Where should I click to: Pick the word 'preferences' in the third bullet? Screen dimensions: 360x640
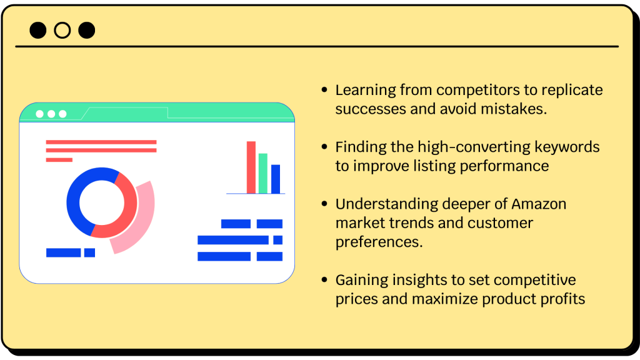(379, 242)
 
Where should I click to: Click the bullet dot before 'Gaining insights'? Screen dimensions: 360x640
(324, 280)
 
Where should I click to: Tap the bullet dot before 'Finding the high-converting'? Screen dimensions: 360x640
(324, 147)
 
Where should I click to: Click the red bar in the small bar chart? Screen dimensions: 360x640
(251, 167)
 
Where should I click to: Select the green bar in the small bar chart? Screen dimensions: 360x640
(263, 174)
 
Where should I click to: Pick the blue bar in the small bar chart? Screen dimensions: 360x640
(276, 179)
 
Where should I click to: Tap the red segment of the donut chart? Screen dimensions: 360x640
(124, 216)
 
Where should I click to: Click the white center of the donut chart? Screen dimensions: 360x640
(101, 202)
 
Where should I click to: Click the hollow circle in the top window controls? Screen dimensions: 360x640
(62, 30)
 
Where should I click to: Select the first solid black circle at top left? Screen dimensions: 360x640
(37, 30)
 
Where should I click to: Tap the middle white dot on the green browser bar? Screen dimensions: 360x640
(51, 114)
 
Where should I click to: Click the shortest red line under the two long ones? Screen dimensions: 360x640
(59, 160)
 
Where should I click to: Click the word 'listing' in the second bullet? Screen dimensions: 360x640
(435, 166)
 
